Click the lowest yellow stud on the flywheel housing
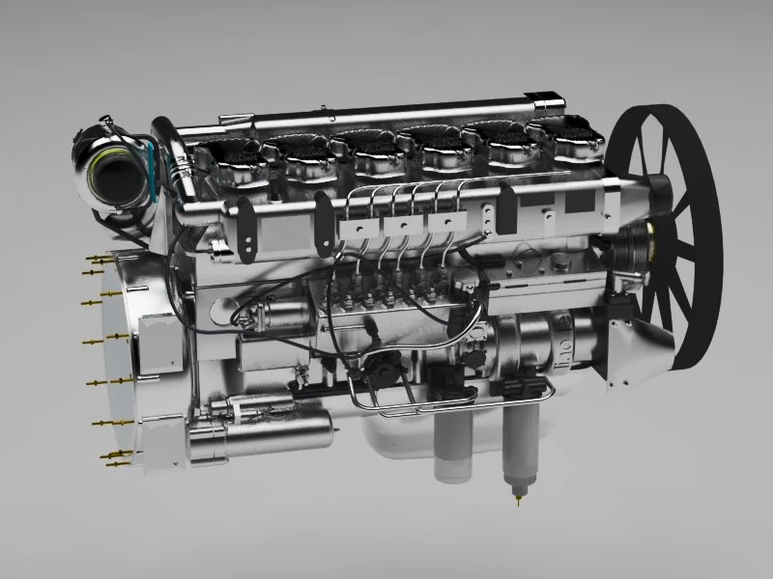(114, 463)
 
